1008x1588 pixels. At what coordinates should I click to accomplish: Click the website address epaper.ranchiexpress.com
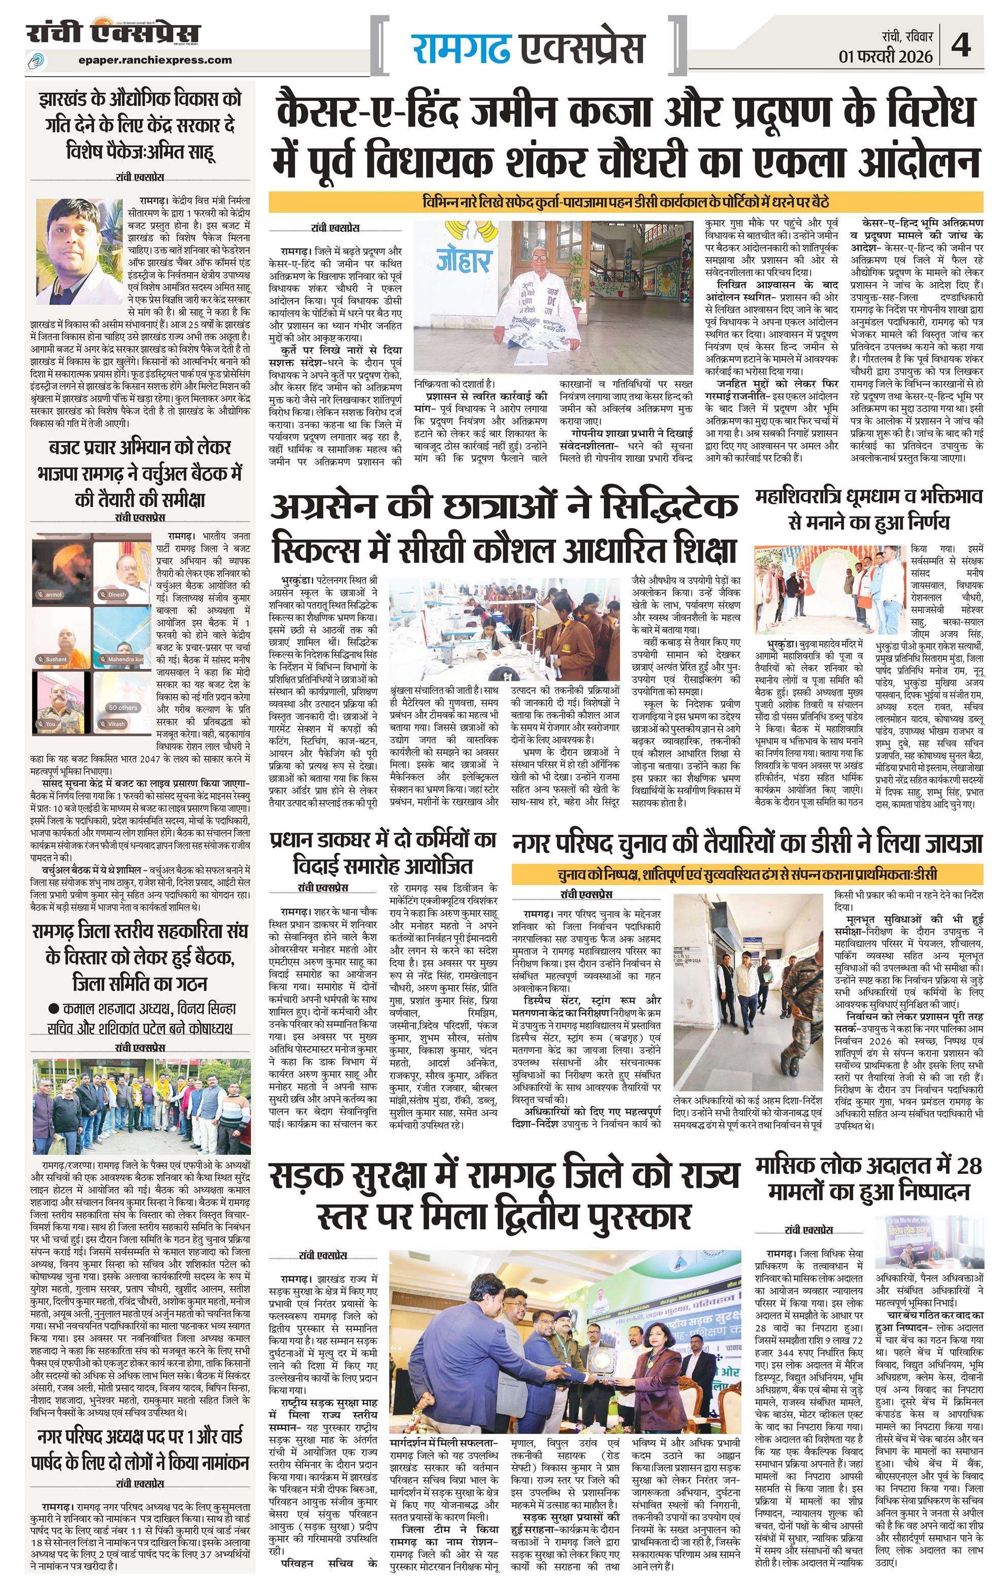click(154, 59)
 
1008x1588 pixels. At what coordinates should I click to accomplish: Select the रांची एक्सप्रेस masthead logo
click(113, 33)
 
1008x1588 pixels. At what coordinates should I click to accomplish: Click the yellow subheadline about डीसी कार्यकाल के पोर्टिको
click(626, 201)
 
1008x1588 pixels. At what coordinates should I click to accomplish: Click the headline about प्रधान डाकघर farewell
click(382, 853)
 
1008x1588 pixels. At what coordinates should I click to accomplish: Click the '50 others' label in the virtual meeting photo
click(123, 707)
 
